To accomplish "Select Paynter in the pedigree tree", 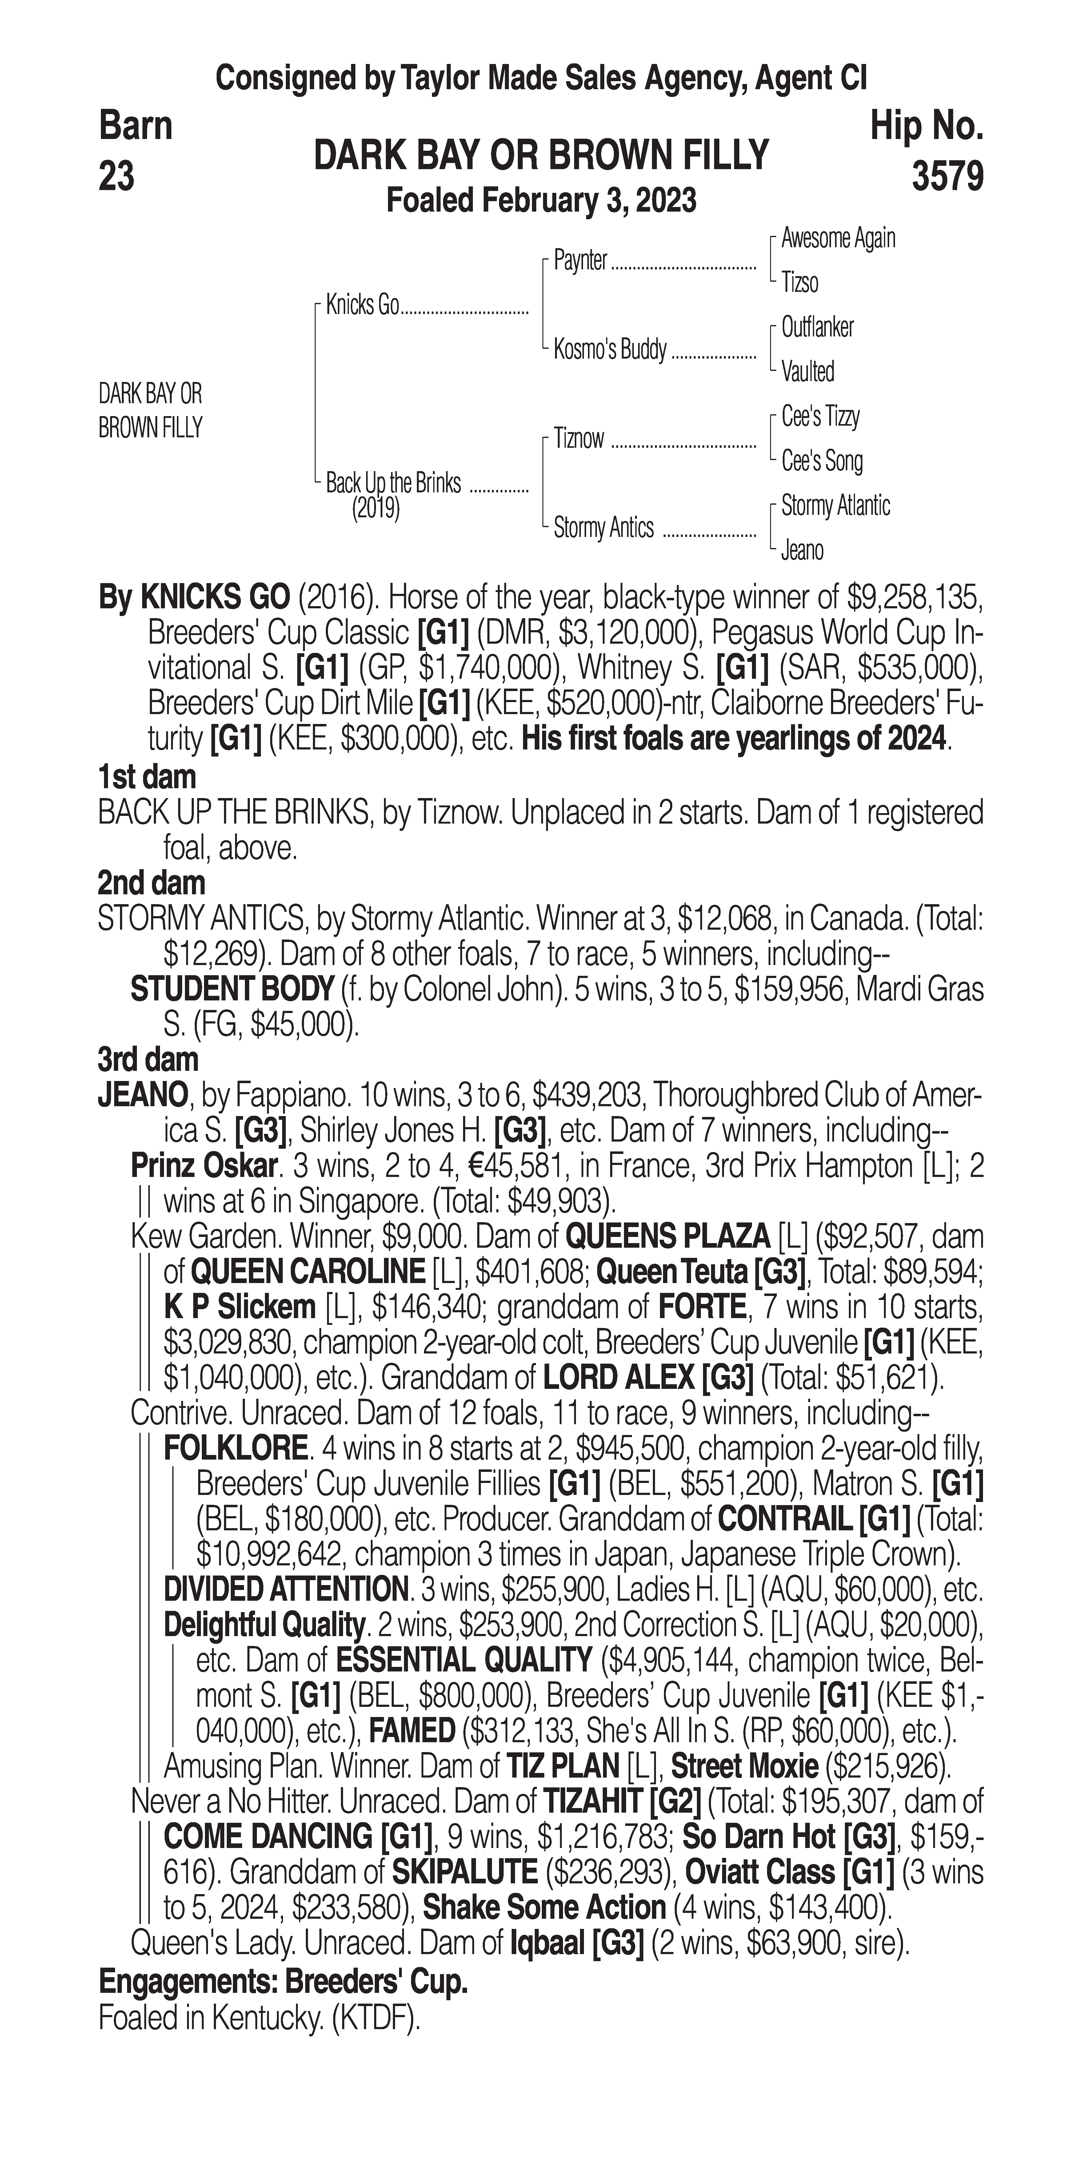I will pos(580,261).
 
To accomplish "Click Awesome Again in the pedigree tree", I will pos(838,238).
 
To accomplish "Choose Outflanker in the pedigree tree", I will pos(817,327).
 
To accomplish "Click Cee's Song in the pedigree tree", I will pos(822,461).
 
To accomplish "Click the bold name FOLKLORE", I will pos(235,1449).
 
